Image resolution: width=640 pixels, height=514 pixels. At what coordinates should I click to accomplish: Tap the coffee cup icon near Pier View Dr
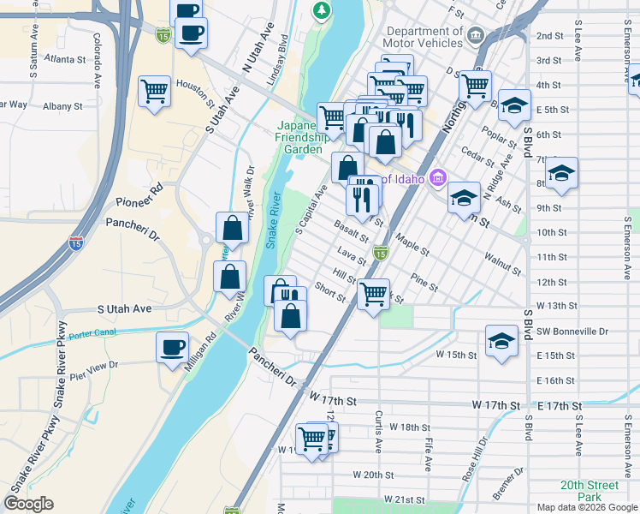[x=172, y=348]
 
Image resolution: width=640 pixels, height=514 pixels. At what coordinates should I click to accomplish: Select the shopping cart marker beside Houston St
[x=154, y=90]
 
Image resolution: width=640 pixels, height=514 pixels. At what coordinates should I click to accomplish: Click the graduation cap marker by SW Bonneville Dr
[x=501, y=340]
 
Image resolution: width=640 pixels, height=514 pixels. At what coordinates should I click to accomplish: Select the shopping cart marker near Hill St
[x=373, y=294]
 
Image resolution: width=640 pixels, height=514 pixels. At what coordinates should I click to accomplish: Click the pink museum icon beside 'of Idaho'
[x=437, y=178]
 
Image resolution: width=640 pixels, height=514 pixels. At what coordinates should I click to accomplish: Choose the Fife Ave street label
[x=427, y=454]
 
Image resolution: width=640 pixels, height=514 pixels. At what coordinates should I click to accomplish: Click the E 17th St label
[x=558, y=404]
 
